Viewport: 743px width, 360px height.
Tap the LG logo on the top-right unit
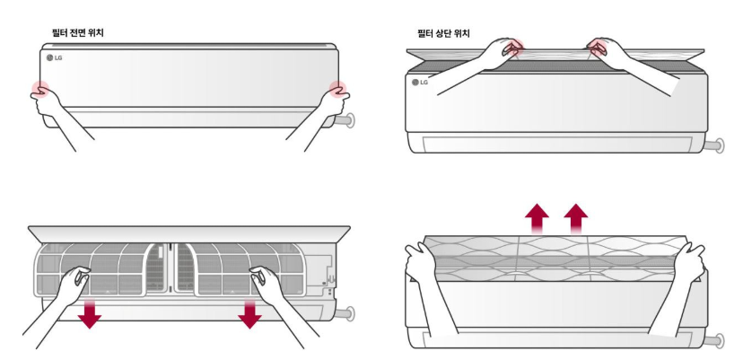click(419, 82)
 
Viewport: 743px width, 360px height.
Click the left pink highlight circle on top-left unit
click(38, 88)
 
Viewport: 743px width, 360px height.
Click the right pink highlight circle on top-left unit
click(337, 88)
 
